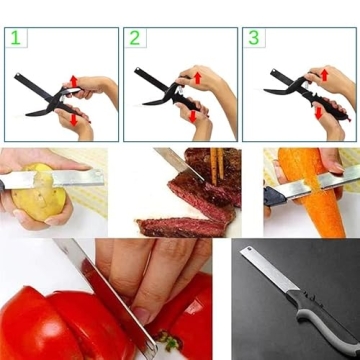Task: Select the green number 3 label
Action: click(254, 39)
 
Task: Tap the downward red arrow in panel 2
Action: click(190, 117)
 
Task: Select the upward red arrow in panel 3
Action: click(323, 75)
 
